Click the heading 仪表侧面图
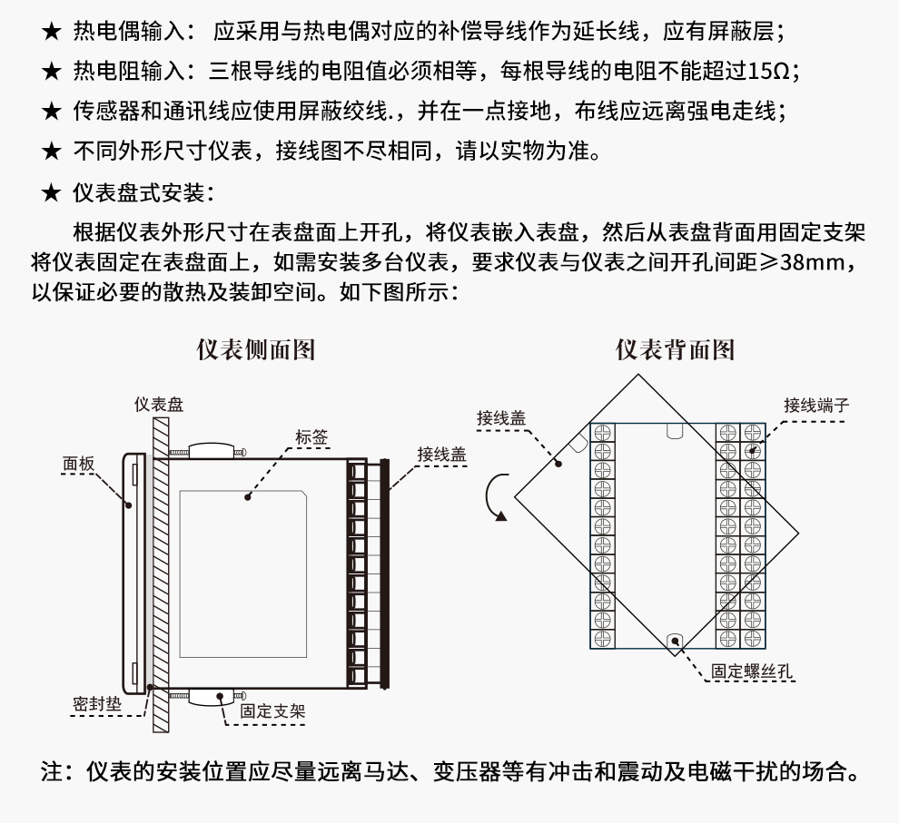(x=256, y=350)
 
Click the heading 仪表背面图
(x=675, y=350)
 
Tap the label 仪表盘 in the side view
(x=159, y=405)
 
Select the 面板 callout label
(x=78, y=464)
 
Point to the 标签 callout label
(x=311, y=437)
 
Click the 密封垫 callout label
(x=96, y=703)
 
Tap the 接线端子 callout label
(x=816, y=405)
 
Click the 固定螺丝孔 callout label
(x=753, y=671)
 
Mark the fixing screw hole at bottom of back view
(x=674, y=640)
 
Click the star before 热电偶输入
(x=51, y=34)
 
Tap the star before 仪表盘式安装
(x=51, y=192)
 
